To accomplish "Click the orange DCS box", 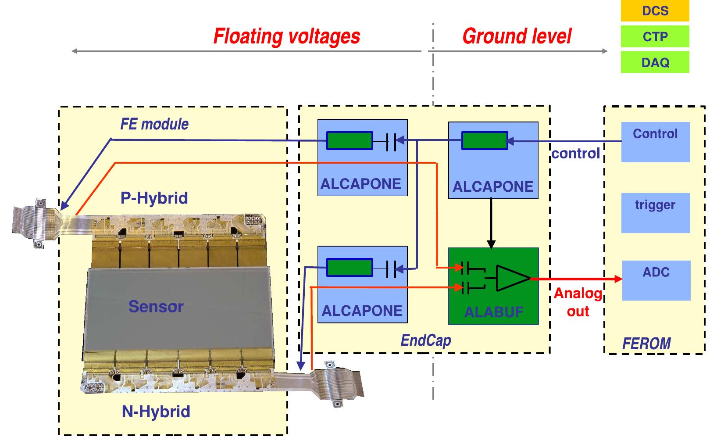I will (655, 11).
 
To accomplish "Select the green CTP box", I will (655, 36).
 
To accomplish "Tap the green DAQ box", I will (655, 62).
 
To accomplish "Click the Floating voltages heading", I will (286, 36).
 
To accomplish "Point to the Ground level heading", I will (517, 36).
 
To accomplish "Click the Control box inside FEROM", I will (655, 142).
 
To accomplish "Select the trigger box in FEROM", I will (655, 212).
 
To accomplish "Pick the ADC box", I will (656, 280).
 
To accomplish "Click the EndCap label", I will (425, 340).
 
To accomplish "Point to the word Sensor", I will (156, 306).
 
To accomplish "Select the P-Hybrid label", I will (154, 198).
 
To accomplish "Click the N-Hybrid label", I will (156, 412).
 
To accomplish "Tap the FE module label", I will (154, 124).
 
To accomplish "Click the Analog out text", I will (578, 302).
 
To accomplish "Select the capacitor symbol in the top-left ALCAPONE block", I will (391, 141).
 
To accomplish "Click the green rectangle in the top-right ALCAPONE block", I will (485, 141).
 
